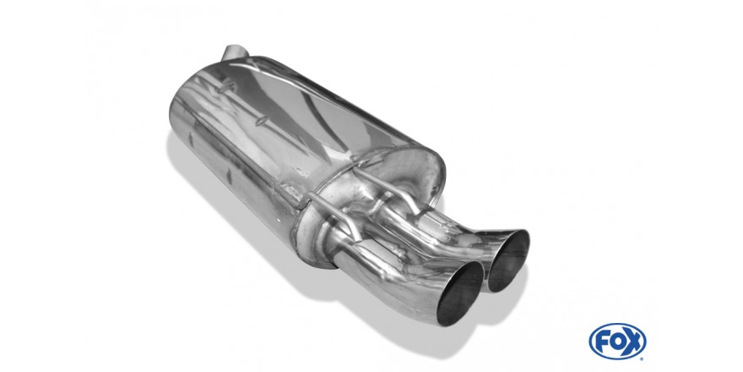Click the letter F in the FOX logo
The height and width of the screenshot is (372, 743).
click(x=601, y=342)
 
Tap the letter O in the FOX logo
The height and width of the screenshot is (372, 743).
click(x=616, y=342)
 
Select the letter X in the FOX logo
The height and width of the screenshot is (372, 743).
click(x=633, y=342)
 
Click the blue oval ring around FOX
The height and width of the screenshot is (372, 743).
click(x=617, y=325)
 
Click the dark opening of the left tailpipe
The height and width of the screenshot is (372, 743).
click(x=459, y=293)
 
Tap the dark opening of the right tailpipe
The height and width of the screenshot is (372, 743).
click(x=508, y=260)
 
